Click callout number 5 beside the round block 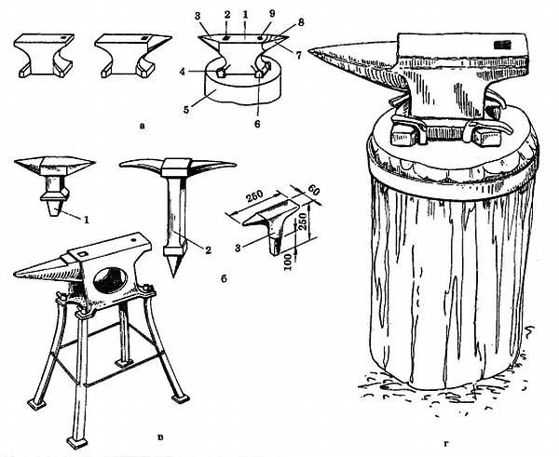186,108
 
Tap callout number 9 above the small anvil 272,14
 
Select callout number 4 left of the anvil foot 183,72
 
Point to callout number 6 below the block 257,124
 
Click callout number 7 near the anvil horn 298,55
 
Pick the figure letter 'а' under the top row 143,125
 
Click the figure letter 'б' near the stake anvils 224,279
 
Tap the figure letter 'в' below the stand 160,437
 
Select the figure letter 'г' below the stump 446,443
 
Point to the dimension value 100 289,262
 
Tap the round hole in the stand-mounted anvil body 110,280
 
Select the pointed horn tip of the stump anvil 309,52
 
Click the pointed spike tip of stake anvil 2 173,276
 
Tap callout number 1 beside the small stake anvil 86,220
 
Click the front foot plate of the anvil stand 77,443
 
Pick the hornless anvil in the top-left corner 44,56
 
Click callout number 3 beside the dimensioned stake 238,248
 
